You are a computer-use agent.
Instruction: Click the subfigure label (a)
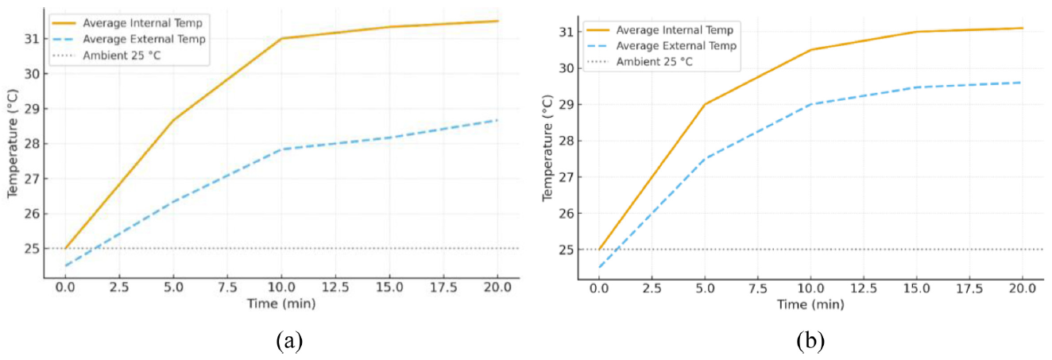(x=289, y=343)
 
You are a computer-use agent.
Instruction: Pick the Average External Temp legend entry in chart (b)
(x=676, y=45)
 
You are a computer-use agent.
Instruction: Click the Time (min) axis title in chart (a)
(x=280, y=304)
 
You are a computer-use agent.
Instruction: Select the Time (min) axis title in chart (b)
(x=810, y=304)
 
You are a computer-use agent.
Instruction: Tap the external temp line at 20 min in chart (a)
(x=497, y=120)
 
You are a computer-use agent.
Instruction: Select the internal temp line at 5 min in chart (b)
(x=705, y=104)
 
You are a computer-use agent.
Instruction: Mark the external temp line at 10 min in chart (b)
(x=810, y=104)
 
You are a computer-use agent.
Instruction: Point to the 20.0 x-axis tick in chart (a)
(x=497, y=285)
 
